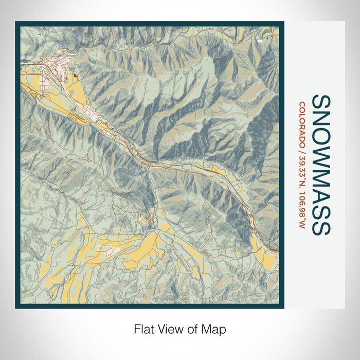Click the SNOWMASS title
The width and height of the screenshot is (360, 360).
click(x=321, y=164)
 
